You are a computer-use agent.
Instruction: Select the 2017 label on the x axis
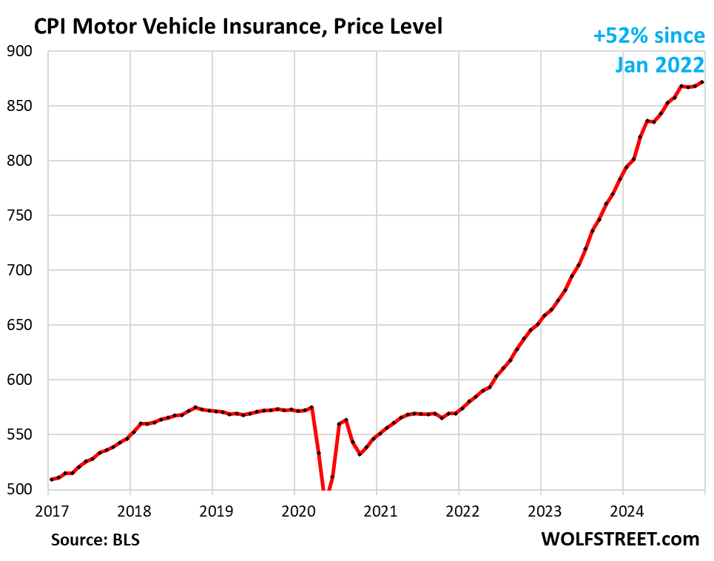click(x=48, y=510)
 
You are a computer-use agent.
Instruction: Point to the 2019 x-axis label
click(x=212, y=510)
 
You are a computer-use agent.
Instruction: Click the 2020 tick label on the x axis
click(x=294, y=510)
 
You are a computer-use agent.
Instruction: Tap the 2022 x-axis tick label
click(x=458, y=510)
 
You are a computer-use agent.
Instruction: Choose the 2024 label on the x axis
click(x=622, y=510)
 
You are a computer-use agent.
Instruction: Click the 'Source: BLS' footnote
click(x=95, y=539)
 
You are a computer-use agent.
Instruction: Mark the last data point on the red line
click(x=702, y=82)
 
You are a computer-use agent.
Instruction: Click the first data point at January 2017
click(x=51, y=480)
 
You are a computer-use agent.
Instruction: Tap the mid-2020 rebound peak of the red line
click(x=346, y=420)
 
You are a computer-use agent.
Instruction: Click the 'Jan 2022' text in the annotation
click(x=659, y=65)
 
